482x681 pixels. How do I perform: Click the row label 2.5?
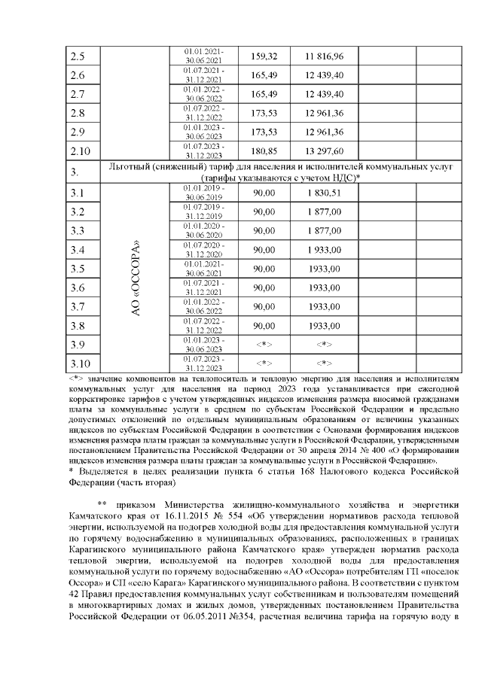tap(78, 56)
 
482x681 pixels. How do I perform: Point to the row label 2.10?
tap(80, 150)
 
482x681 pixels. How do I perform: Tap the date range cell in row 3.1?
tap(204, 193)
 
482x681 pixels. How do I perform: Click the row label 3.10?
tap(80, 363)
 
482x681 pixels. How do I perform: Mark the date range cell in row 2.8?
tap(204, 113)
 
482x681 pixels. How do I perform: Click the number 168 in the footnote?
tap(289, 470)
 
